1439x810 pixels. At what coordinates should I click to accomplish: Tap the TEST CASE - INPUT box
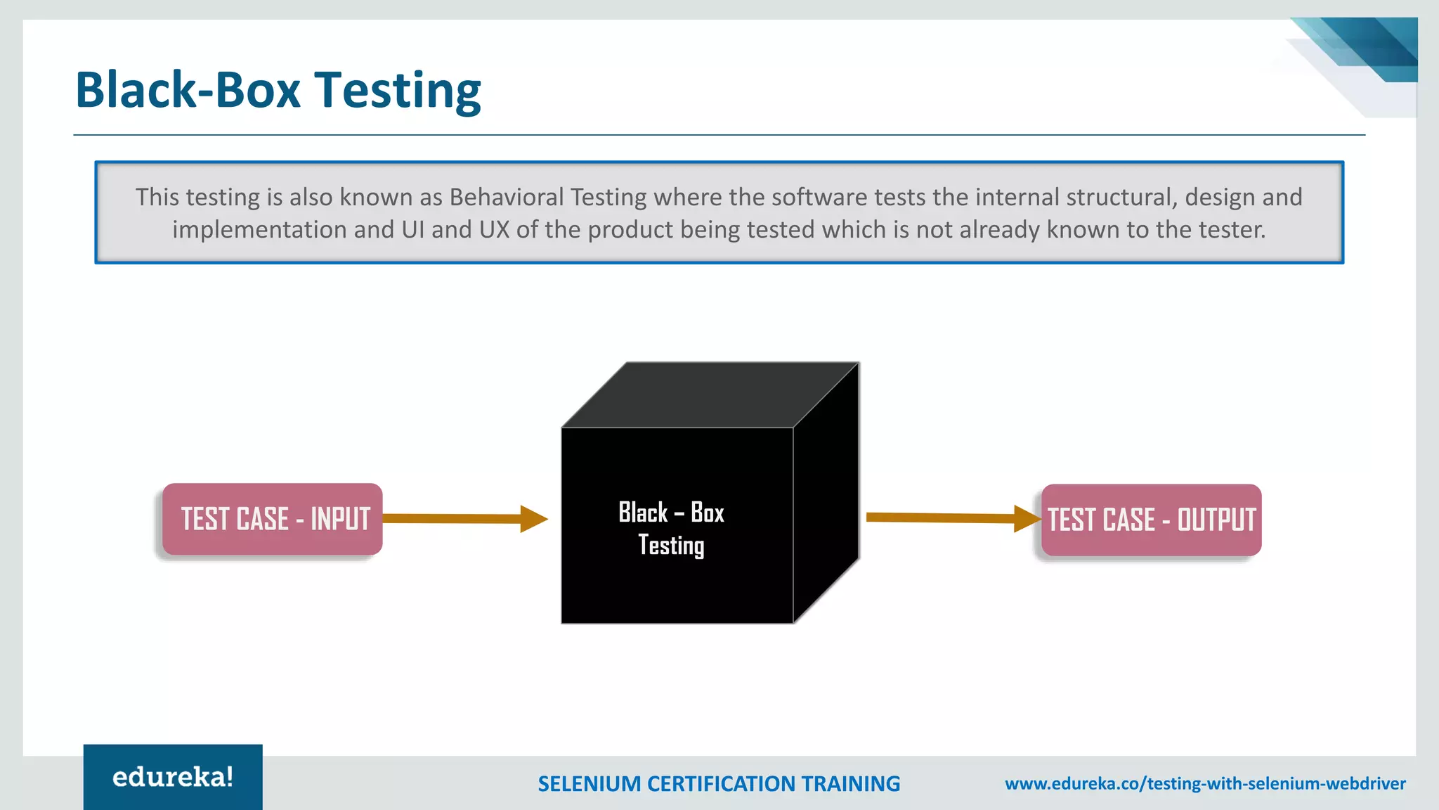click(273, 519)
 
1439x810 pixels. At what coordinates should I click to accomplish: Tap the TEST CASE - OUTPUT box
click(1151, 520)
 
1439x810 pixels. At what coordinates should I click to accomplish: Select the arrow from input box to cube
click(464, 519)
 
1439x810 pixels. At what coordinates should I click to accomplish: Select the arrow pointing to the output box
click(952, 518)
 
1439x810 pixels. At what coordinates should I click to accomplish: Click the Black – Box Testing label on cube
click(671, 529)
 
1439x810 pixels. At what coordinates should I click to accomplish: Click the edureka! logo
click(173, 777)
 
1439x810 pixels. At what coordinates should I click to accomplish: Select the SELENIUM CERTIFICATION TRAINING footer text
click(719, 783)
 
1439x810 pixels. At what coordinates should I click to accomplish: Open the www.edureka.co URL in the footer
click(1205, 783)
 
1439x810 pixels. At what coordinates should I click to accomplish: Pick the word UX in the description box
click(494, 230)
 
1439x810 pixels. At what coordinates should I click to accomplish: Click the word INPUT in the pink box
click(340, 519)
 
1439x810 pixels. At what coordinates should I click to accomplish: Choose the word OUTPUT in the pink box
click(1216, 520)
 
